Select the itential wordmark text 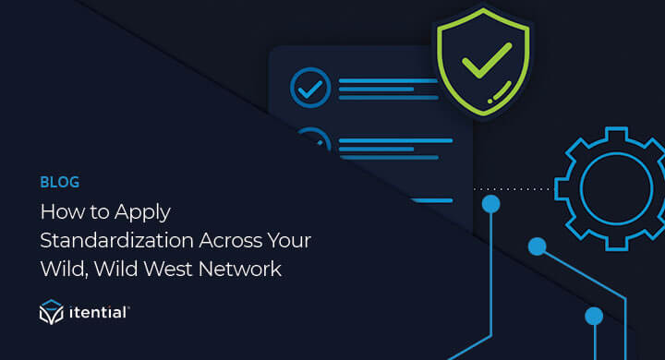pos(100,315)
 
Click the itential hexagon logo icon pos(51,315)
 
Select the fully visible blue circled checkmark pos(309,89)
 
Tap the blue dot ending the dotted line pos(491,202)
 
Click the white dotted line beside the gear pos(513,188)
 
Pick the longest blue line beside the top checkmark pos(388,80)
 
